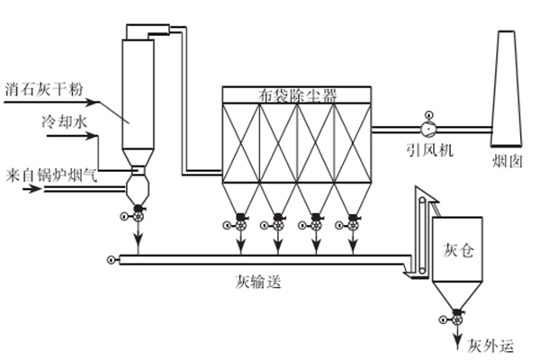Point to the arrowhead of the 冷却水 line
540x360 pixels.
[x=118, y=139]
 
